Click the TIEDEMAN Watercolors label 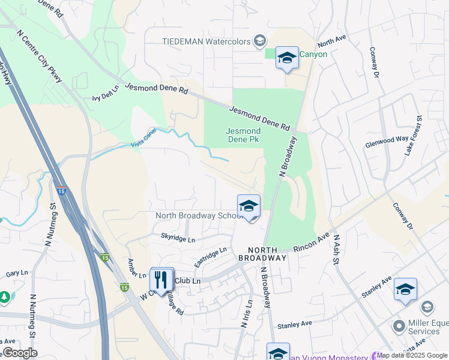(x=205, y=41)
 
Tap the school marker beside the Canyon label (x=287, y=59)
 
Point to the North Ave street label (x=332, y=41)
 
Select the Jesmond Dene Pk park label (x=243, y=135)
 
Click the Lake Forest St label (x=413, y=136)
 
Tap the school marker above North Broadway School (x=249, y=206)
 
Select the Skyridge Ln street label (x=178, y=239)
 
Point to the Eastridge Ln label (x=210, y=258)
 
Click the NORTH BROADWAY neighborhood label (x=262, y=254)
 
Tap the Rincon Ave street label (x=311, y=243)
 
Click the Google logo (x=20, y=352)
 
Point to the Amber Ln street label (x=136, y=268)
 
